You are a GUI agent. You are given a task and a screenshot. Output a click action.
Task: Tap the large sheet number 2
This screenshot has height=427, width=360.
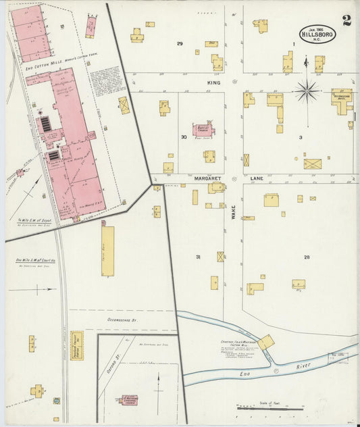(x=346, y=20)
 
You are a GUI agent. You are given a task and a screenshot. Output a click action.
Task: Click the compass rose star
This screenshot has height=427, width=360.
(x=307, y=89)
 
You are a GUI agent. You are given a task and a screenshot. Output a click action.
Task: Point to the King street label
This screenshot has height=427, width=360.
(x=214, y=81)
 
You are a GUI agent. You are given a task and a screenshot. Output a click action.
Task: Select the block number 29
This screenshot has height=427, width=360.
(x=180, y=43)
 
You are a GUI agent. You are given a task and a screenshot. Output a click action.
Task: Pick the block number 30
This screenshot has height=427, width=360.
(x=184, y=136)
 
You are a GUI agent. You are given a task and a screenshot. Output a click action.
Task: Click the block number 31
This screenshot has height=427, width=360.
(x=198, y=257)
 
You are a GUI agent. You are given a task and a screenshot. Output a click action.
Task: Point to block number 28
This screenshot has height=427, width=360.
(x=306, y=257)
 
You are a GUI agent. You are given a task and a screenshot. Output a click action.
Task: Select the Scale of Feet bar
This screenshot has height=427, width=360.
(x=270, y=408)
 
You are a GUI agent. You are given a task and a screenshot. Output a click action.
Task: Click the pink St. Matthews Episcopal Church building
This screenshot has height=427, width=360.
(x=128, y=399)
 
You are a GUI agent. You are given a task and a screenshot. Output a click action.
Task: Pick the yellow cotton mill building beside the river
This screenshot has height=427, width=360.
(x=265, y=342)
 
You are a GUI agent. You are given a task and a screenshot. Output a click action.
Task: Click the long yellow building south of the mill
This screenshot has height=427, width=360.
(x=107, y=251)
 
